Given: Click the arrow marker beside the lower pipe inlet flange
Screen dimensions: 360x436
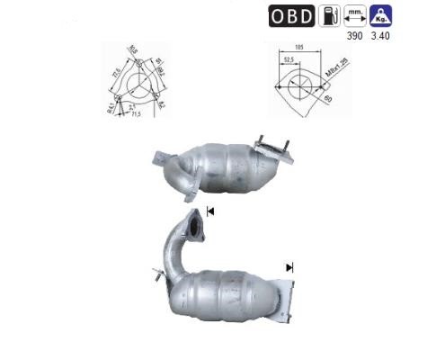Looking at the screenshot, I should (x=211, y=211).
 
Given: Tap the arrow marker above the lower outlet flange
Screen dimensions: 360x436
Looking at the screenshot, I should (x=289, y=267).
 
